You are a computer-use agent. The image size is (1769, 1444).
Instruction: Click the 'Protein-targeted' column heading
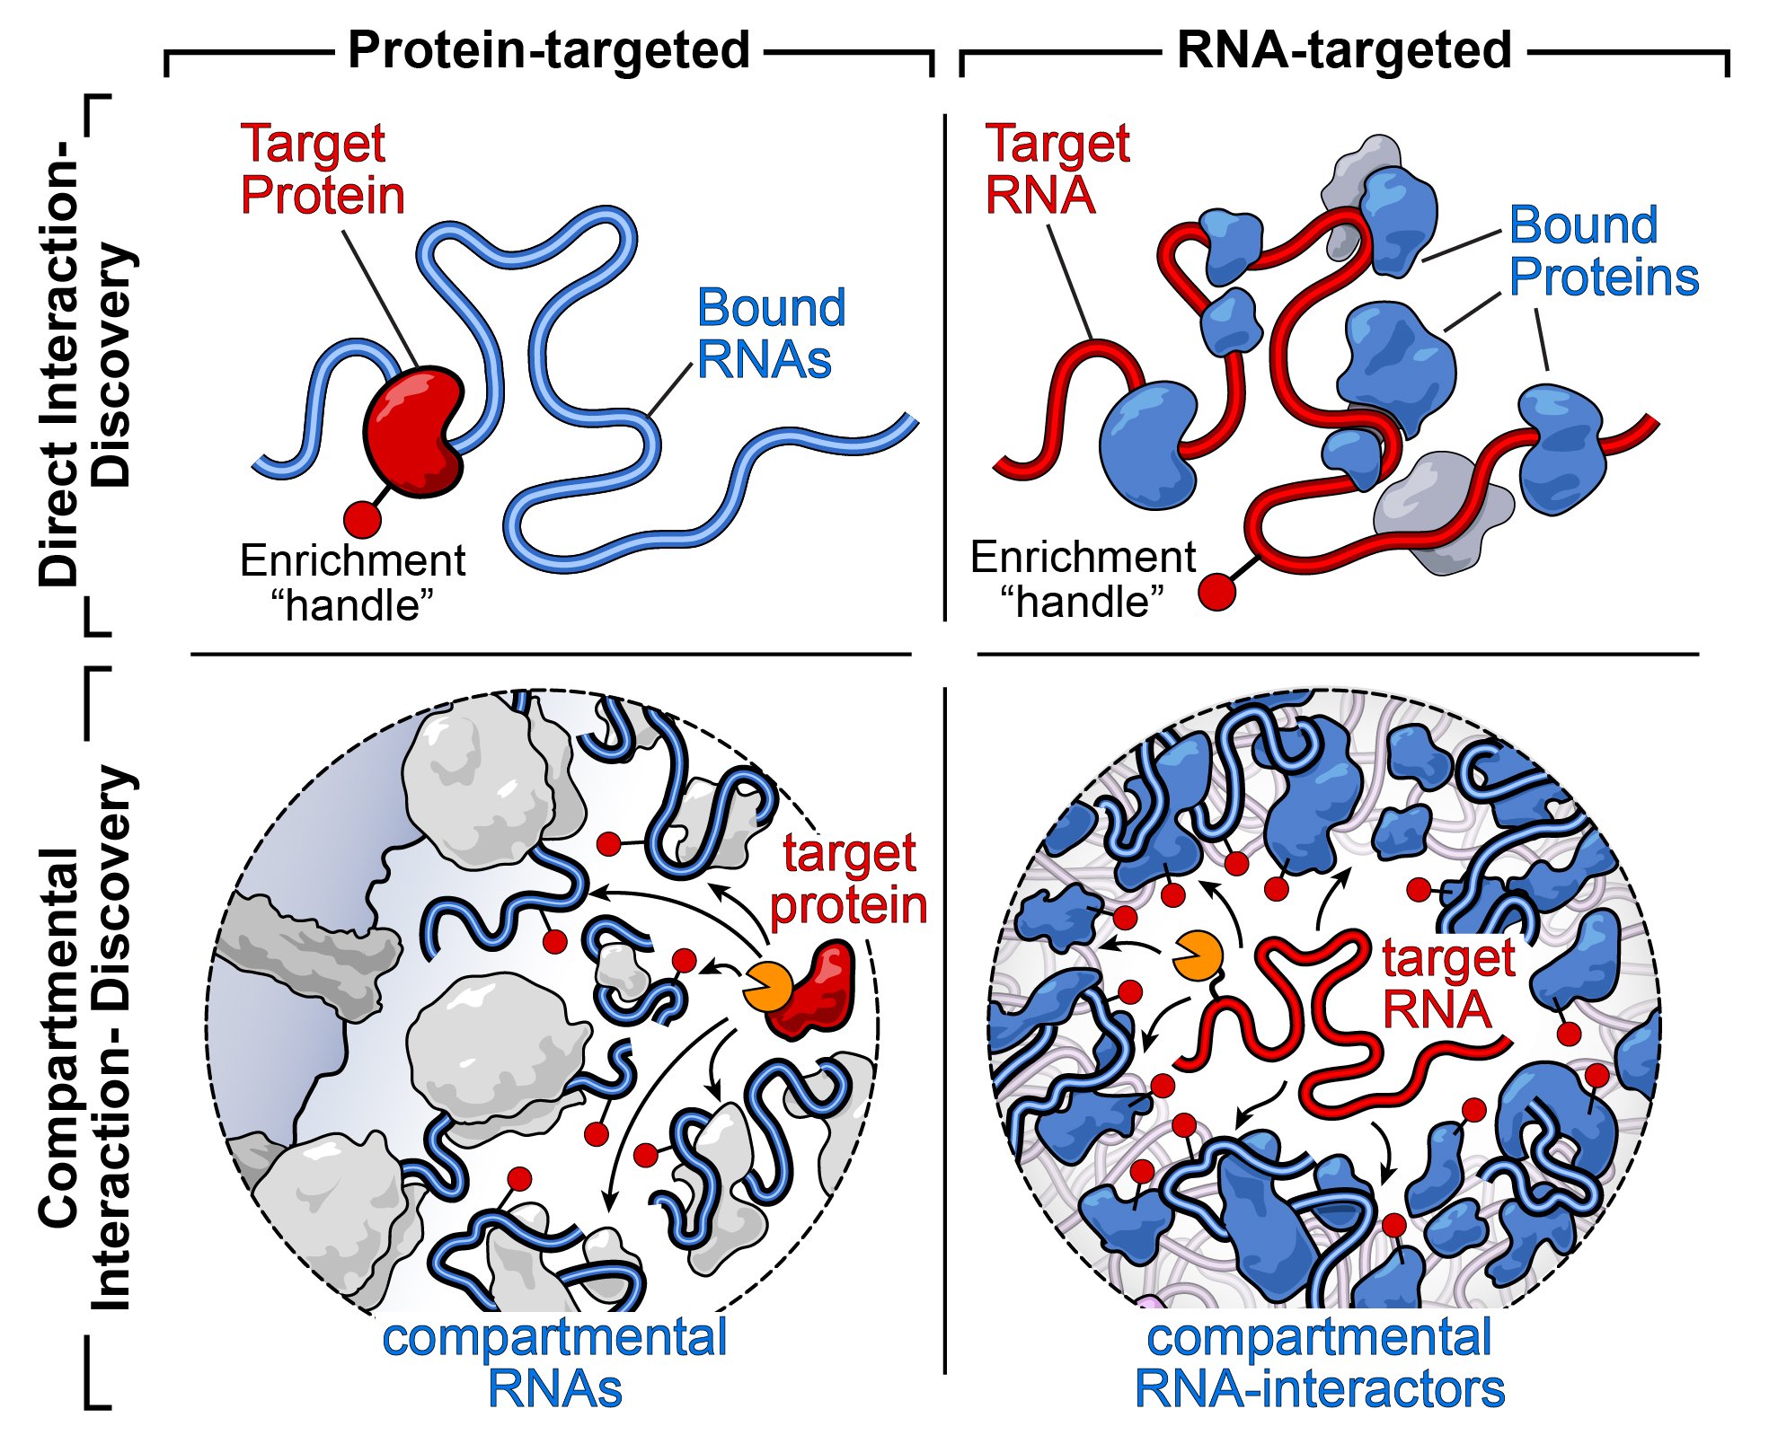pos(549,50)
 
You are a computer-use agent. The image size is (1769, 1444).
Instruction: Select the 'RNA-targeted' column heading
pos(1344,50)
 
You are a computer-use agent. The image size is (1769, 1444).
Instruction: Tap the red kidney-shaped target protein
pos(413,430)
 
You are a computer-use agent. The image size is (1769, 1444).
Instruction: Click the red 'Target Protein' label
pos(322,170)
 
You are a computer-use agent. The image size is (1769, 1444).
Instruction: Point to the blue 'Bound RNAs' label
pos(771,334)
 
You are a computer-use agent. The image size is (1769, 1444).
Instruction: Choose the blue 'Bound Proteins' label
pos(1604,251)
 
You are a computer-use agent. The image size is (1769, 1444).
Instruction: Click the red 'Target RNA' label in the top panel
pos(1057,170)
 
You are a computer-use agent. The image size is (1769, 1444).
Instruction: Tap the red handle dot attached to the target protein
pos(362,519)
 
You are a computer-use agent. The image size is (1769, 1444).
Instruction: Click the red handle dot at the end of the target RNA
pos(1217,592)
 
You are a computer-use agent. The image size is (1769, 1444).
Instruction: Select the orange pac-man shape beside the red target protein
pos(766,987)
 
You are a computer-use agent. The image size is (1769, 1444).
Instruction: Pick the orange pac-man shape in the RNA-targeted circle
pos(1197,956)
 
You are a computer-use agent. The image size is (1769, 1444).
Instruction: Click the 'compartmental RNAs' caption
pos(554,1363)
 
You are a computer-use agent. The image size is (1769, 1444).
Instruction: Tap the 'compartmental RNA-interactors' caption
pos(1320,1363)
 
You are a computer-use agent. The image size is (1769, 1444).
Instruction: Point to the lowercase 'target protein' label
pos(849,878)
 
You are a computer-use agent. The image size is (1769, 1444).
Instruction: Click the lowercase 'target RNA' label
pos(1448,983)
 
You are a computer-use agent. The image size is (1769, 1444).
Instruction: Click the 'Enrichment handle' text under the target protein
pos(352,583)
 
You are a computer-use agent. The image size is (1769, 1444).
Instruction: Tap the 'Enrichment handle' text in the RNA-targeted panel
pos(1083,579)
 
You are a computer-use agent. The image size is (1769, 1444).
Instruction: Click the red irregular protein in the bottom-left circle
pos(816,991)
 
